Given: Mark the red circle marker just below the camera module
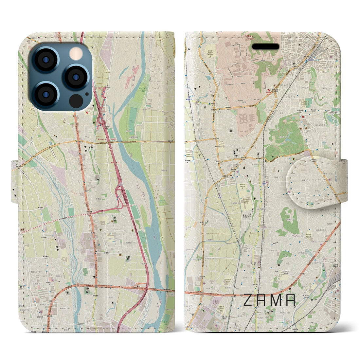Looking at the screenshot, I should click(x=87, y=112).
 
